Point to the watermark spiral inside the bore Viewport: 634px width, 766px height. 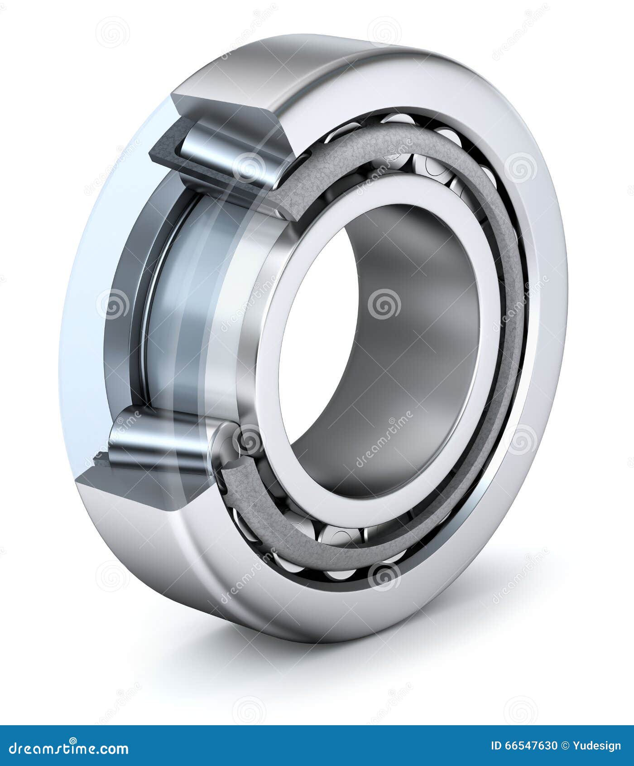tap(384, 304)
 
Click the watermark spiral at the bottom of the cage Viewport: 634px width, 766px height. tap(384, 576)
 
